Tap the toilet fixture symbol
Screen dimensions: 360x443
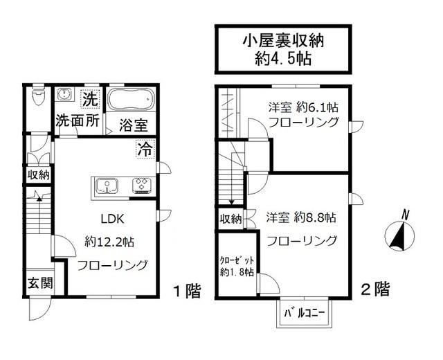38,98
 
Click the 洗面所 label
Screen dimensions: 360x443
78,120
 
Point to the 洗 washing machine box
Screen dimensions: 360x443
89,98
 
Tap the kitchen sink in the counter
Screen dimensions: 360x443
107,185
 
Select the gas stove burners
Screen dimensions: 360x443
142,185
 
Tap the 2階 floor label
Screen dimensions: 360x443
375,290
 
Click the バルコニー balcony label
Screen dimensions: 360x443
305,314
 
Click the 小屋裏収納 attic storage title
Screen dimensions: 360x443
284,40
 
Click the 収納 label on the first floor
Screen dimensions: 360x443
39,175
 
